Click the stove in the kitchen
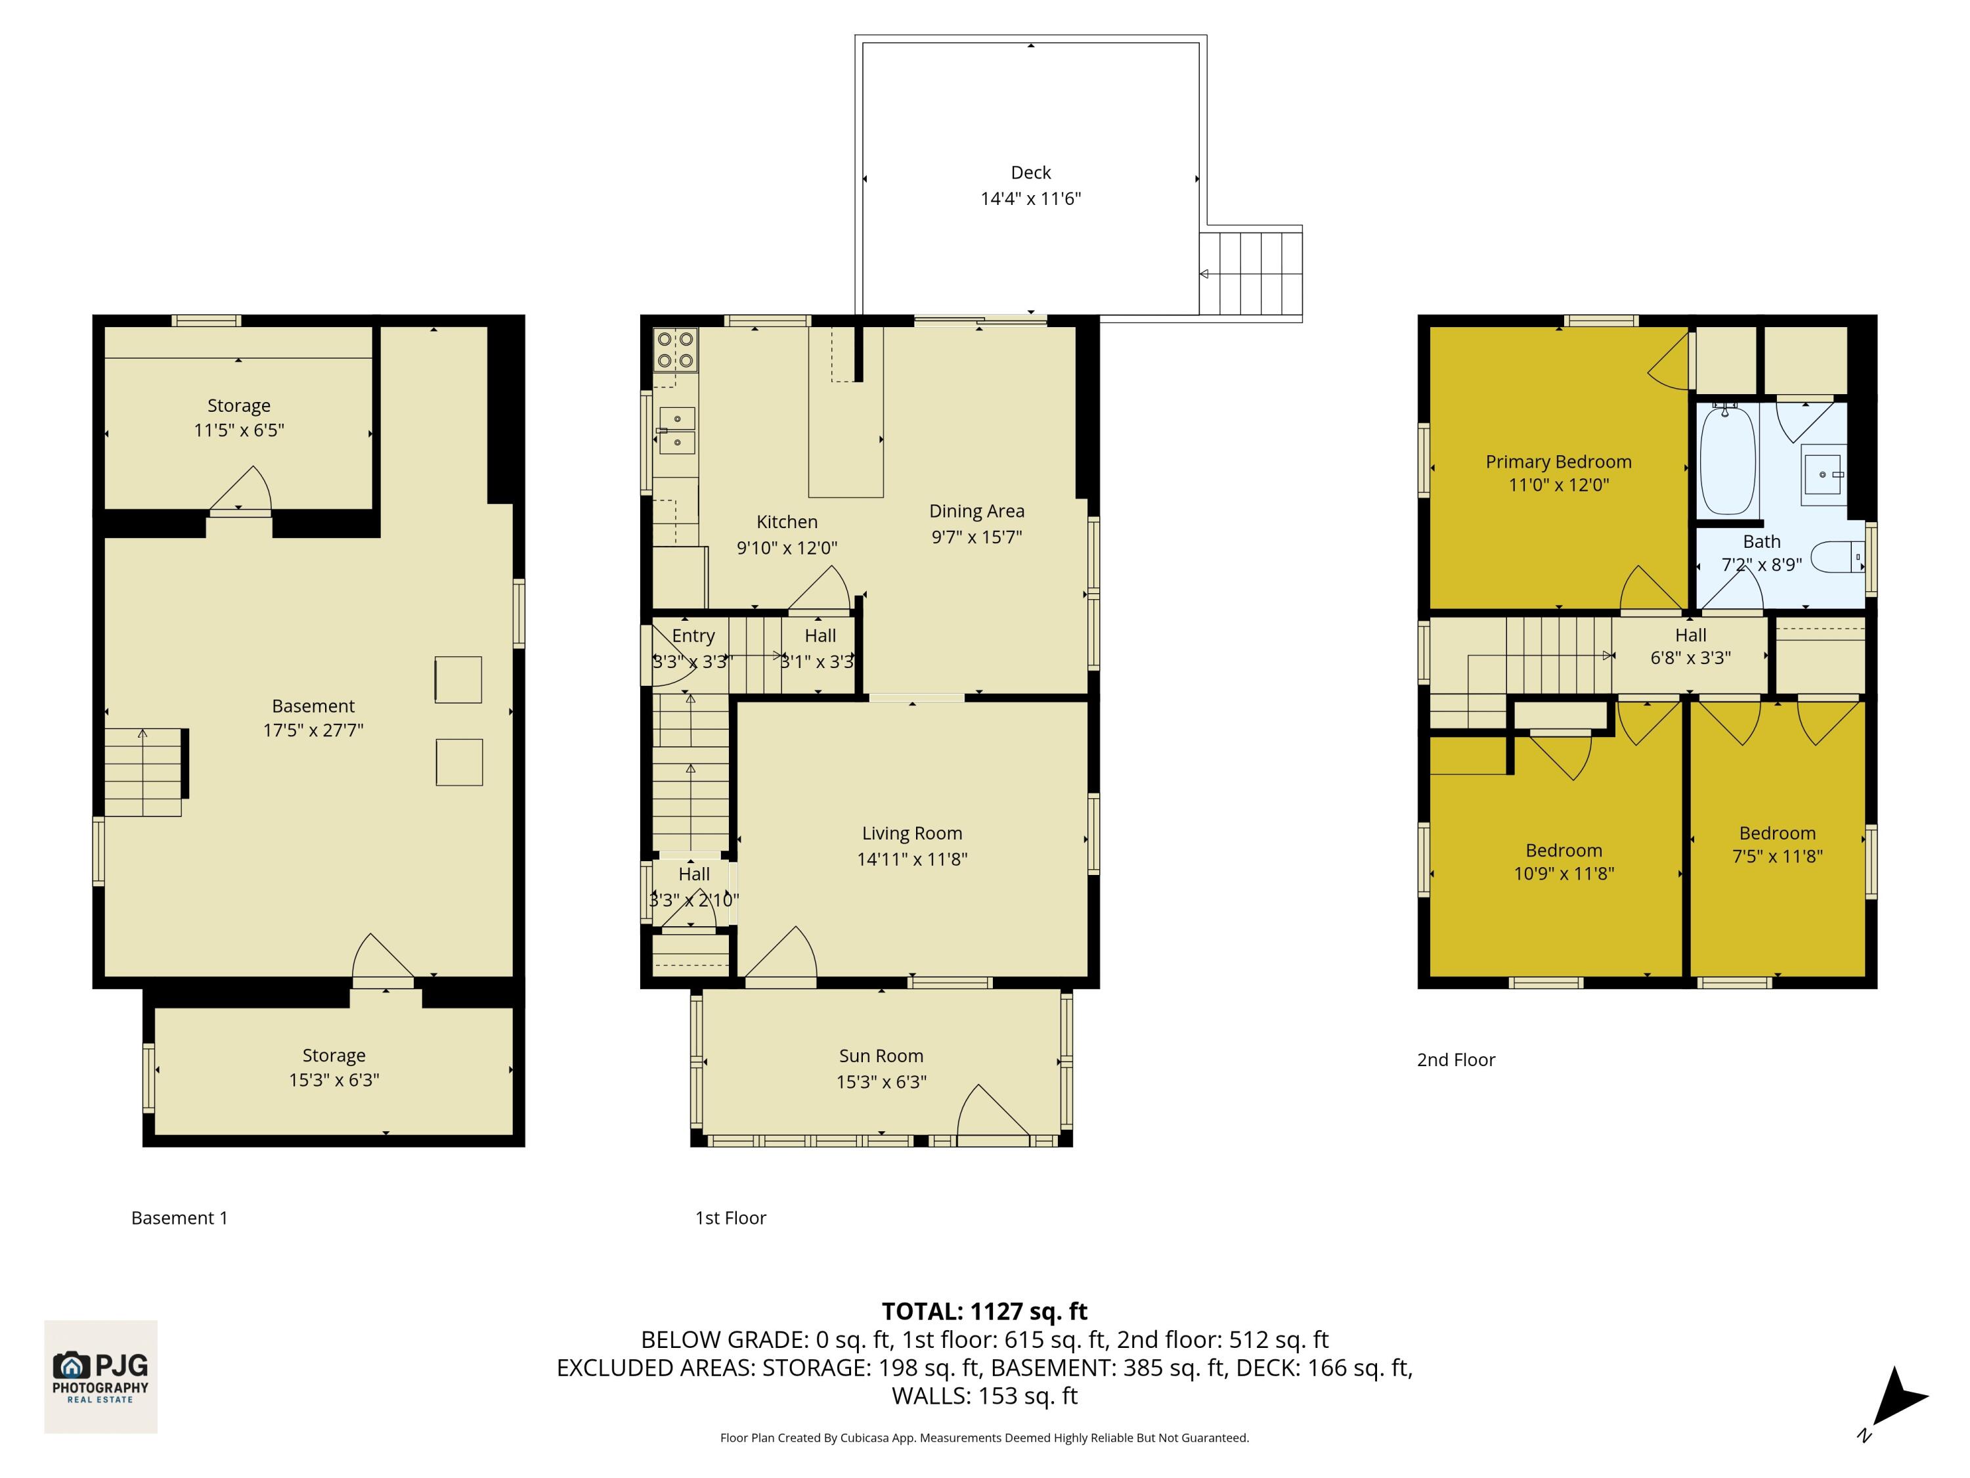point(675,349)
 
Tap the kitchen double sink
point(677,430)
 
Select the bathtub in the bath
point(1727,460)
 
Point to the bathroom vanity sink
point(1823,474)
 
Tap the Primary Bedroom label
point(1558,462)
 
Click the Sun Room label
point(880,1056)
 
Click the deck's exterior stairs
point(1250,273)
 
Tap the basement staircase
point(142,773)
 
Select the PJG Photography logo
point(100,1376)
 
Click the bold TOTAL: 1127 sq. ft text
point(984,1311)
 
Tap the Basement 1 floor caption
point(179,1218)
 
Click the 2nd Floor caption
point(1455,1060)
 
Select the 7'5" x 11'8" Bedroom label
point(1777,833)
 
